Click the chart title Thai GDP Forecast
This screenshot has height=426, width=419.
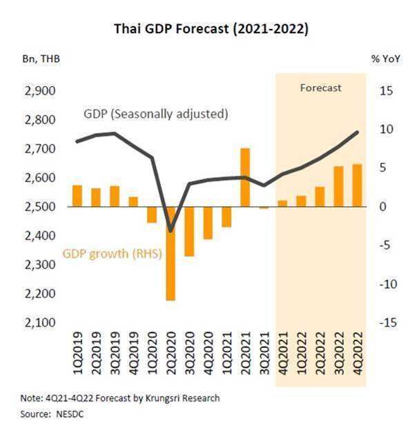click(x=210, y=29)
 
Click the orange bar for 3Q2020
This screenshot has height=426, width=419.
click(x=189, y=231)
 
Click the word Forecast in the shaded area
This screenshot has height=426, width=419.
click(x=321, y=88)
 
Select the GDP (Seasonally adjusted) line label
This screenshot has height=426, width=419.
click(x=155, y=113)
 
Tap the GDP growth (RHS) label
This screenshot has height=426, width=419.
click(x=113, y=254)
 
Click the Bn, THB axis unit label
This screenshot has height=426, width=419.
click(x=41, y=59)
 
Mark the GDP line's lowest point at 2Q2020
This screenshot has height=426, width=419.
click(x=170, y=230)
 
